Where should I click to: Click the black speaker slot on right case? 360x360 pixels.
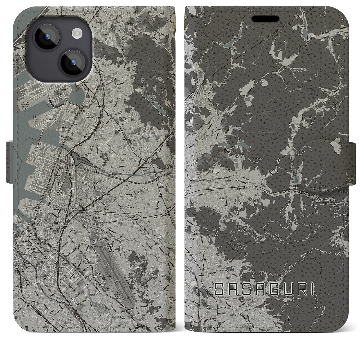coord(266,19)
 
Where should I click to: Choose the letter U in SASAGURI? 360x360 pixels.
coord(281,289)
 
